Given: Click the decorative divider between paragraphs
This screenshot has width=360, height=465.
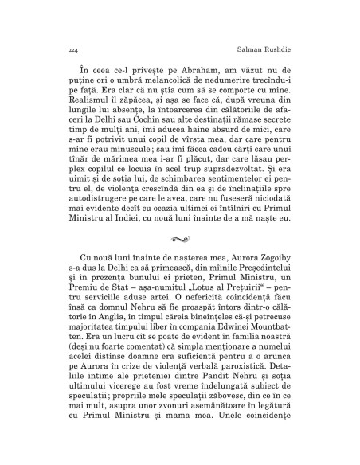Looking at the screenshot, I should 180,281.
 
